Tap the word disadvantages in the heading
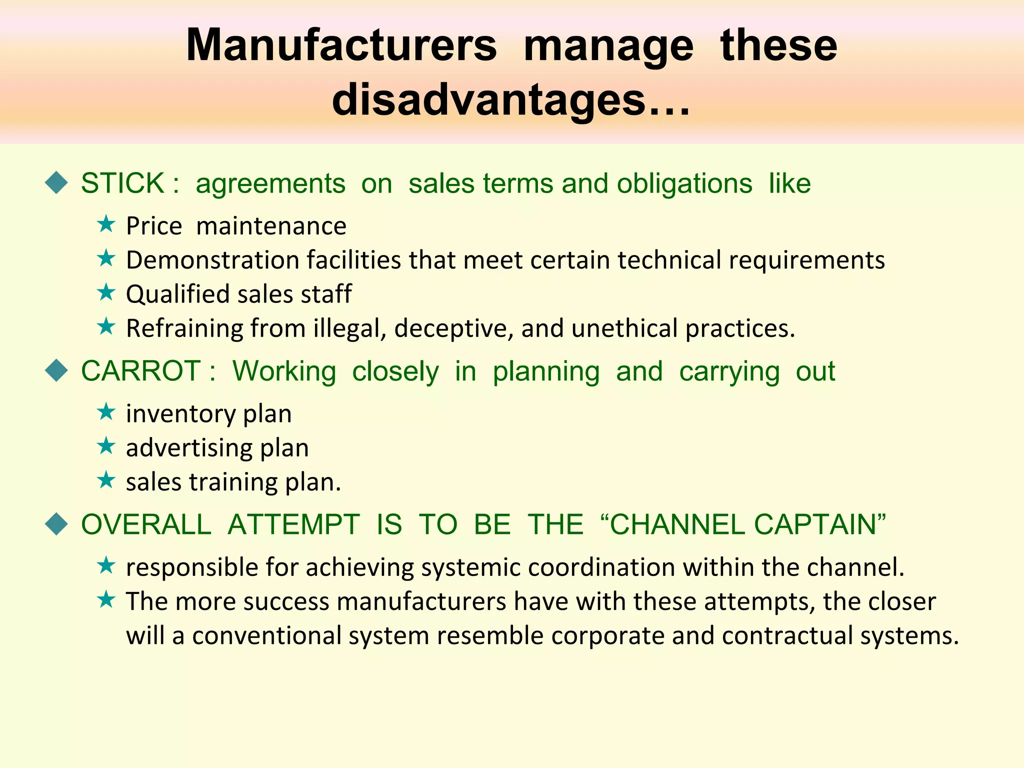click(488, 100)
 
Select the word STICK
click(122, 183)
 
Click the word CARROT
click(141, 371)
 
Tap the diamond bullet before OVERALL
click(56, 524)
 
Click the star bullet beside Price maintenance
click(106, 224)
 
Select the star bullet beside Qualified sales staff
click(106, 292)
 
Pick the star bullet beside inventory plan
click(106, 412)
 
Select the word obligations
click(684, 184)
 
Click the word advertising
click(189, 448)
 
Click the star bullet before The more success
click(106, 599)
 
